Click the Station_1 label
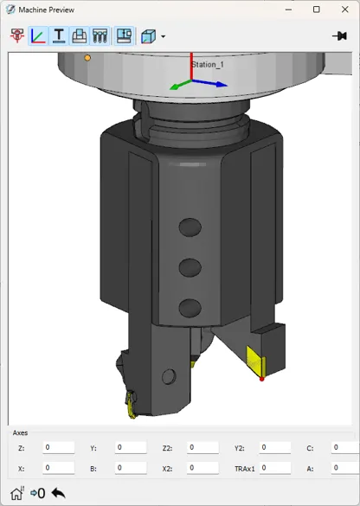(208, 65)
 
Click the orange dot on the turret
(87, 58)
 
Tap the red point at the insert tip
(262, 379)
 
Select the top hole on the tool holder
(190, 227)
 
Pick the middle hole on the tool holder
(190, 267)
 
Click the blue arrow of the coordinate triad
(210, 83)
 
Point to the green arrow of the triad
(181, 85)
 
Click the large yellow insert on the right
(255, 361)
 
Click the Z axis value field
(59, 447)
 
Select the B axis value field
(131, 468)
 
